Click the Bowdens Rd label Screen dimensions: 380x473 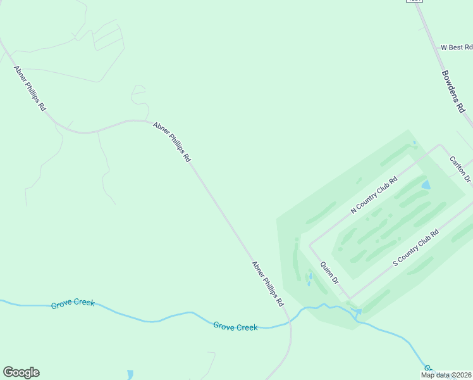(454, 91)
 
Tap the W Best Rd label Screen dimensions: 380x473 (457, 47)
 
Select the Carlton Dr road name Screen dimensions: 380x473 (460, 169)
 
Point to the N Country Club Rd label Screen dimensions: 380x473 (374, 195)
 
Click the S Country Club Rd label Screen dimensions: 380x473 (415, 248)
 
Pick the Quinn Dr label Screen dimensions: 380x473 (330, 272)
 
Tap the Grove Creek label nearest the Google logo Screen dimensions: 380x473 (73, 303)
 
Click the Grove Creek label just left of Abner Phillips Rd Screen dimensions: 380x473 (235, 327)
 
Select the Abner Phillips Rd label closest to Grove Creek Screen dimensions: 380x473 (267, 284)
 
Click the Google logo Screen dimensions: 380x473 (21, 372)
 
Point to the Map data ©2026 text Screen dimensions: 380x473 (446, 375)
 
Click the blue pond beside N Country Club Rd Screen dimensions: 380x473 (426, 186)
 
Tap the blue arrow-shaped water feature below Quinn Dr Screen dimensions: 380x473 (358, 312)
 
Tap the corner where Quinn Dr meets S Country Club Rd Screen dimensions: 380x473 (350, 298)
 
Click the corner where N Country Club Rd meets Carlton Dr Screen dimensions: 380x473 (440, 145)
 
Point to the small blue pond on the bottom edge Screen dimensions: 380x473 (130, 375)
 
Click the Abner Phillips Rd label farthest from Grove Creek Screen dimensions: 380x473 (30, 88)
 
